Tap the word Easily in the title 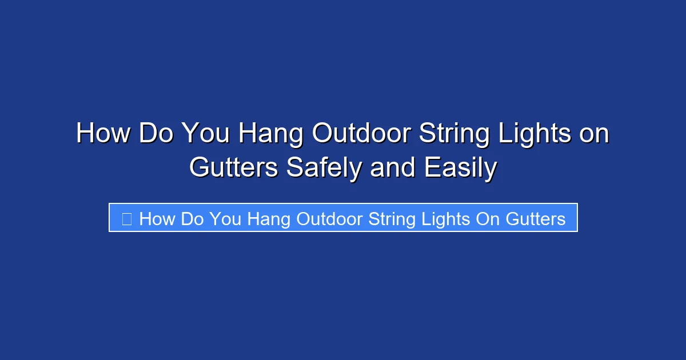(x=461, y=168)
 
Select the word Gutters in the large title (x=234, y=168)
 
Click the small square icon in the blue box (x=127, y=218)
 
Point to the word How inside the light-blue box (x=155, y=219)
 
